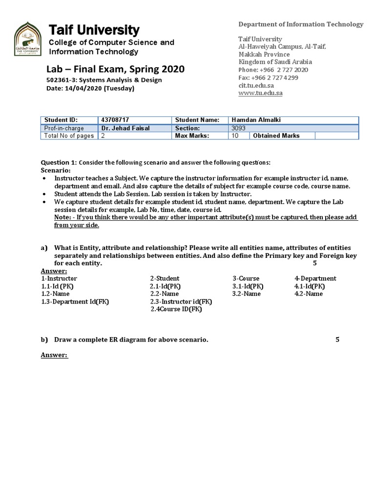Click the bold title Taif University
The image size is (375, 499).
[x=94, y=30]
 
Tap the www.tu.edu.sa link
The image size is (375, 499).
[x=260, y=93]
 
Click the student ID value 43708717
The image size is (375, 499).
[x=115, y=120]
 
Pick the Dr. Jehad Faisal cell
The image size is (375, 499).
[x=125, y=128]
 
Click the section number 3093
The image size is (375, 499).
[x=238, y=128]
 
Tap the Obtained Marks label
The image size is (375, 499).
[x=276, y=136]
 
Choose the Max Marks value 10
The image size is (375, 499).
[x=235, y=136]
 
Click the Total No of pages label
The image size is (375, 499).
[x=69, y=136]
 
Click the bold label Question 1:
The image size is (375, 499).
[x=59, y=162]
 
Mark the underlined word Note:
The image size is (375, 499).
[x=63, y=217]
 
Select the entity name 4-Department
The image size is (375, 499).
[x=315, y=278]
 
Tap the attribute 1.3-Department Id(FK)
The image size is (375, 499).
[x=75, y=302]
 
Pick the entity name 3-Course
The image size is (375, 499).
[x=246, y=278]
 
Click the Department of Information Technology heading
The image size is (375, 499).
[x=300, y=24]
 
